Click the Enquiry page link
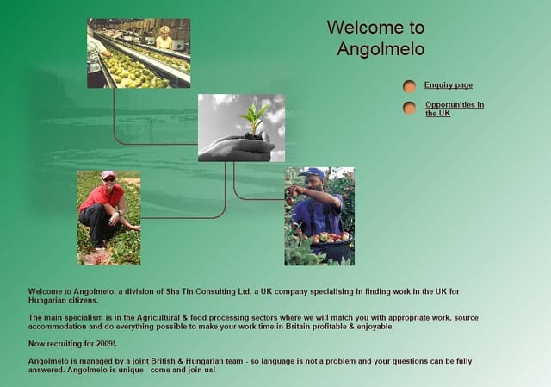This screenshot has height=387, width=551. click(449, 85)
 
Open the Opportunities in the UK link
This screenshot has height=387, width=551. click(455, 109)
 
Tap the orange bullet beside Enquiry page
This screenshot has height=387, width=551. click(410, 86)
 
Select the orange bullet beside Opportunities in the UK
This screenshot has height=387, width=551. click(410, 108)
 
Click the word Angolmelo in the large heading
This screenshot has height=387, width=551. click(381, 49)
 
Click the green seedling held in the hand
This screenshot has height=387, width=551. click(254, 118)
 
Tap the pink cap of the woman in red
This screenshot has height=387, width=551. click(108, 174)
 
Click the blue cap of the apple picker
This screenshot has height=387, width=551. click(313, 172)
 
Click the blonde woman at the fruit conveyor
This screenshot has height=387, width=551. click(164, 38)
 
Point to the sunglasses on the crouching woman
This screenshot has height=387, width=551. click(109, 180)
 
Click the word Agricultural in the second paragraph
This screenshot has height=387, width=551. click(158, 318)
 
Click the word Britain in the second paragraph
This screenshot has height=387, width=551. click(298, 327)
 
